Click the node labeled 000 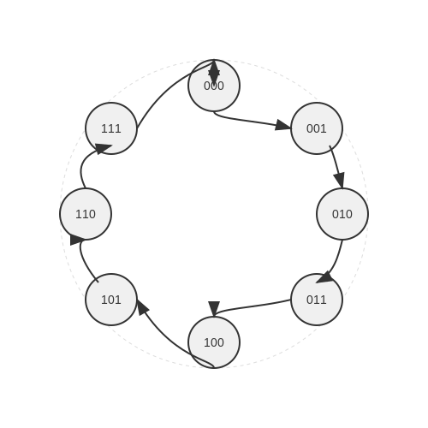click(x=214, y=86)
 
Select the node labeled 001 click(x=317, y=128)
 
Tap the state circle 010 click(x=342, y=214)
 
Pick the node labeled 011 click(x=317, y=300)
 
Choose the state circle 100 click(x=214, y=342)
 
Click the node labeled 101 click(x=111, y=300)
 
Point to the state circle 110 click(x=86, y=214)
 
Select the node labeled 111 click(x=111, y=128)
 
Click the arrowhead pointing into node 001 click(x=283, y=126)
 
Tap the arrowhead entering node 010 click(x=340, y=180)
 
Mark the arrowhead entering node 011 click(x=325, y=277)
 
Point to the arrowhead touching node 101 click(x=143, y=306)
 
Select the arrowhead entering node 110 click(x=76, y=240)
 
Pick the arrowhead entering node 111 click(x=103, y=148)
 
